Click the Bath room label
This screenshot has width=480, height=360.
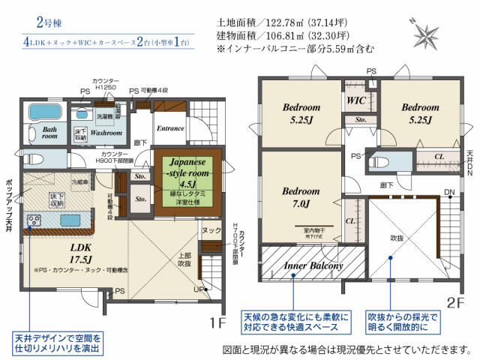pos(49,131)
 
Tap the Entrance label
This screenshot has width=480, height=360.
pos(170,128)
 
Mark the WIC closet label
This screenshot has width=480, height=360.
pos(355,99)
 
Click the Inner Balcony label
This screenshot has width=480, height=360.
pos(313,266)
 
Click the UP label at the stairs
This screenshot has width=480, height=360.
pos(198,288)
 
